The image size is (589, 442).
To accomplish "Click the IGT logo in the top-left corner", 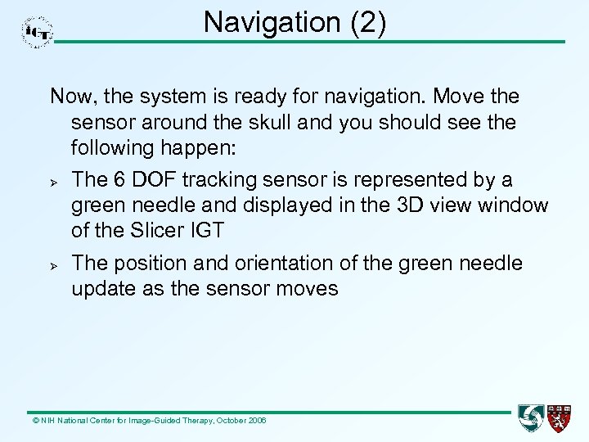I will (37, 32).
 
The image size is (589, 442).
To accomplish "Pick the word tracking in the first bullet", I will (229, 179).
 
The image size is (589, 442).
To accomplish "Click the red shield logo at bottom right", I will (560, 417).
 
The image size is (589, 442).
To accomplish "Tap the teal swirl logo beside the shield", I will (531, 417).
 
